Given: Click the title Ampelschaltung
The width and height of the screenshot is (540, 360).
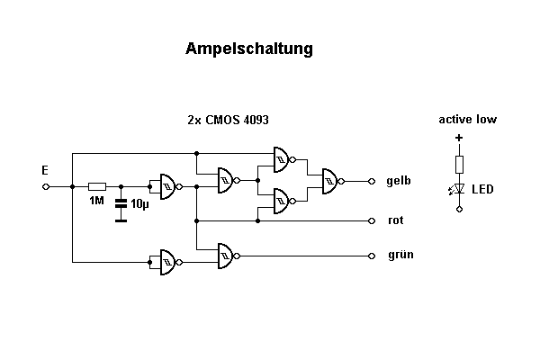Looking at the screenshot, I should tap(249, 49).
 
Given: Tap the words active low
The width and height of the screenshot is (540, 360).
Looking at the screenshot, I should tap(467, 119).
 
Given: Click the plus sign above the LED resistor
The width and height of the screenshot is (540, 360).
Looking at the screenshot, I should tap(459, 139).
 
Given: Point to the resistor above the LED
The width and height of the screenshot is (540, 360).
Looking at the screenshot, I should tap(459, 164).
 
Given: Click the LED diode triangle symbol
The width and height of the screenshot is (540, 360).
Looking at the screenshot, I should tap(459, 189).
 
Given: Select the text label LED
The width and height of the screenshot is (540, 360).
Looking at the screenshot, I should tap(483, 190).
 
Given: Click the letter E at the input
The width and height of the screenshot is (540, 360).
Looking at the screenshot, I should tap(45, 169).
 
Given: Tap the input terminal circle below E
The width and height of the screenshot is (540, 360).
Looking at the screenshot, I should tap(45, 187).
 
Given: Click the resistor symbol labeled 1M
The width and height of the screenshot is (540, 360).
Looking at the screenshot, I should tap(97, 187).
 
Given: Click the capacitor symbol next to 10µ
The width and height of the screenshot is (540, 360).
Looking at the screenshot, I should tap(121, 204).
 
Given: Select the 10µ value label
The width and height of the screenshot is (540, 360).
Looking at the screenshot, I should tap(139, 204).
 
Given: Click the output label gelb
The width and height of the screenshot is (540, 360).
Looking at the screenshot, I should tap(399, 181).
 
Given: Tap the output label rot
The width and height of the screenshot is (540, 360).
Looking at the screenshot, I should tap(394, 220).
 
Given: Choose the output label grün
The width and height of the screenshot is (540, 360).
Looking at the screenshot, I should tap(400, 255).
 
